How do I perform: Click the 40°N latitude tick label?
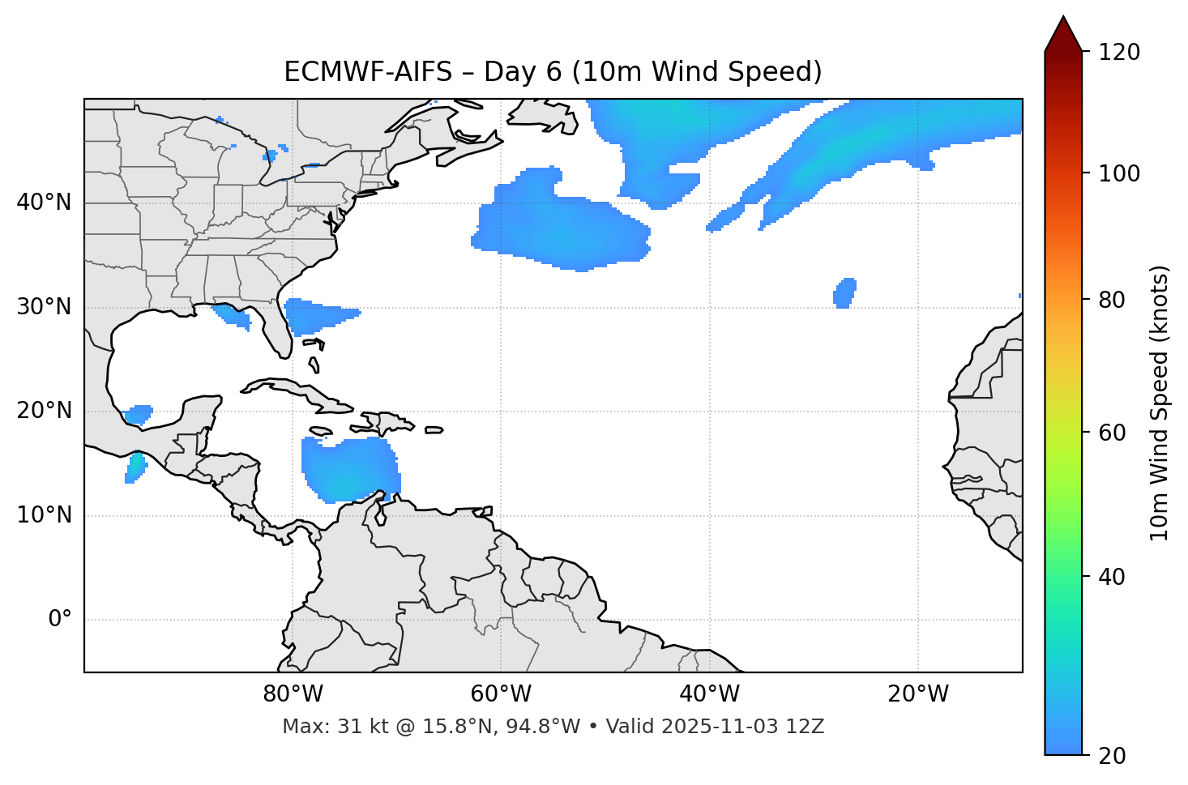(44, 203)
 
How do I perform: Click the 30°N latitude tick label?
(44, 307)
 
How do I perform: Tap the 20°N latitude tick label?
(44, 411)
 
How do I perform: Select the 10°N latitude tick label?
(44, 515)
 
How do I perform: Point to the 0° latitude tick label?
(59, 620)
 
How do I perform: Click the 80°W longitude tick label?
(293, 694)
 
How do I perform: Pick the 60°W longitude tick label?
(501, 694)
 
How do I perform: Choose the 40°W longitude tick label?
(709, 694)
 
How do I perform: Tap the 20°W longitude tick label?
(917, 694)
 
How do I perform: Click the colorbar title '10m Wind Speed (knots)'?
(1160, 403)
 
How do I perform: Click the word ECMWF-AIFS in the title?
(368, 72)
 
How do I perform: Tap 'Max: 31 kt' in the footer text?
(320, 727)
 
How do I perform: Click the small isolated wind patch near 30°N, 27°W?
(844, 292)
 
